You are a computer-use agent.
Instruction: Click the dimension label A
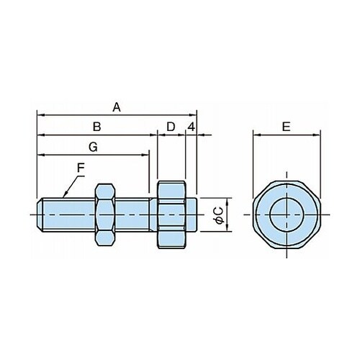(x=117, y=107)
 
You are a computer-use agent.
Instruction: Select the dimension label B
(x=96, y=127)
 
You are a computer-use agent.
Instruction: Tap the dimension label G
(x=93, y=147)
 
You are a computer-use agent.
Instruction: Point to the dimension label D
(x=171, y=127)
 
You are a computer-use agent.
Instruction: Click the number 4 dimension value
(x=192, y=127)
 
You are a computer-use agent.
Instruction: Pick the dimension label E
(x=286, y=127)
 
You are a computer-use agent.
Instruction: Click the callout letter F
(x=81, y=168)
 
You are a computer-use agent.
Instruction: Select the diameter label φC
(x=219, y=215)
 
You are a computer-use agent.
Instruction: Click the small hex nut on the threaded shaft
(x=104, y=215)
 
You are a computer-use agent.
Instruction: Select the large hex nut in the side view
(x=171, y=215)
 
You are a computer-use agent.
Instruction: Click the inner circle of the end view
(x=287, y=215)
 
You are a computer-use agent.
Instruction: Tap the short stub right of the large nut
(x=192, y=215)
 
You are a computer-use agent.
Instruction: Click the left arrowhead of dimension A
(x=41, y=115)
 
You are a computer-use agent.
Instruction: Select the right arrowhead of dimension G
(x=145, y=155)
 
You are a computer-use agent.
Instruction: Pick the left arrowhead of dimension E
(x=257, y=135)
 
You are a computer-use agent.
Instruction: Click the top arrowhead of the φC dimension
(x=227, y=202)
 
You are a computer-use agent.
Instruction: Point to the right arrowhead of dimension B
(x=153, y=135)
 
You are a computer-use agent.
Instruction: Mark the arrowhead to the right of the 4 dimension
(x=201, y=135)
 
